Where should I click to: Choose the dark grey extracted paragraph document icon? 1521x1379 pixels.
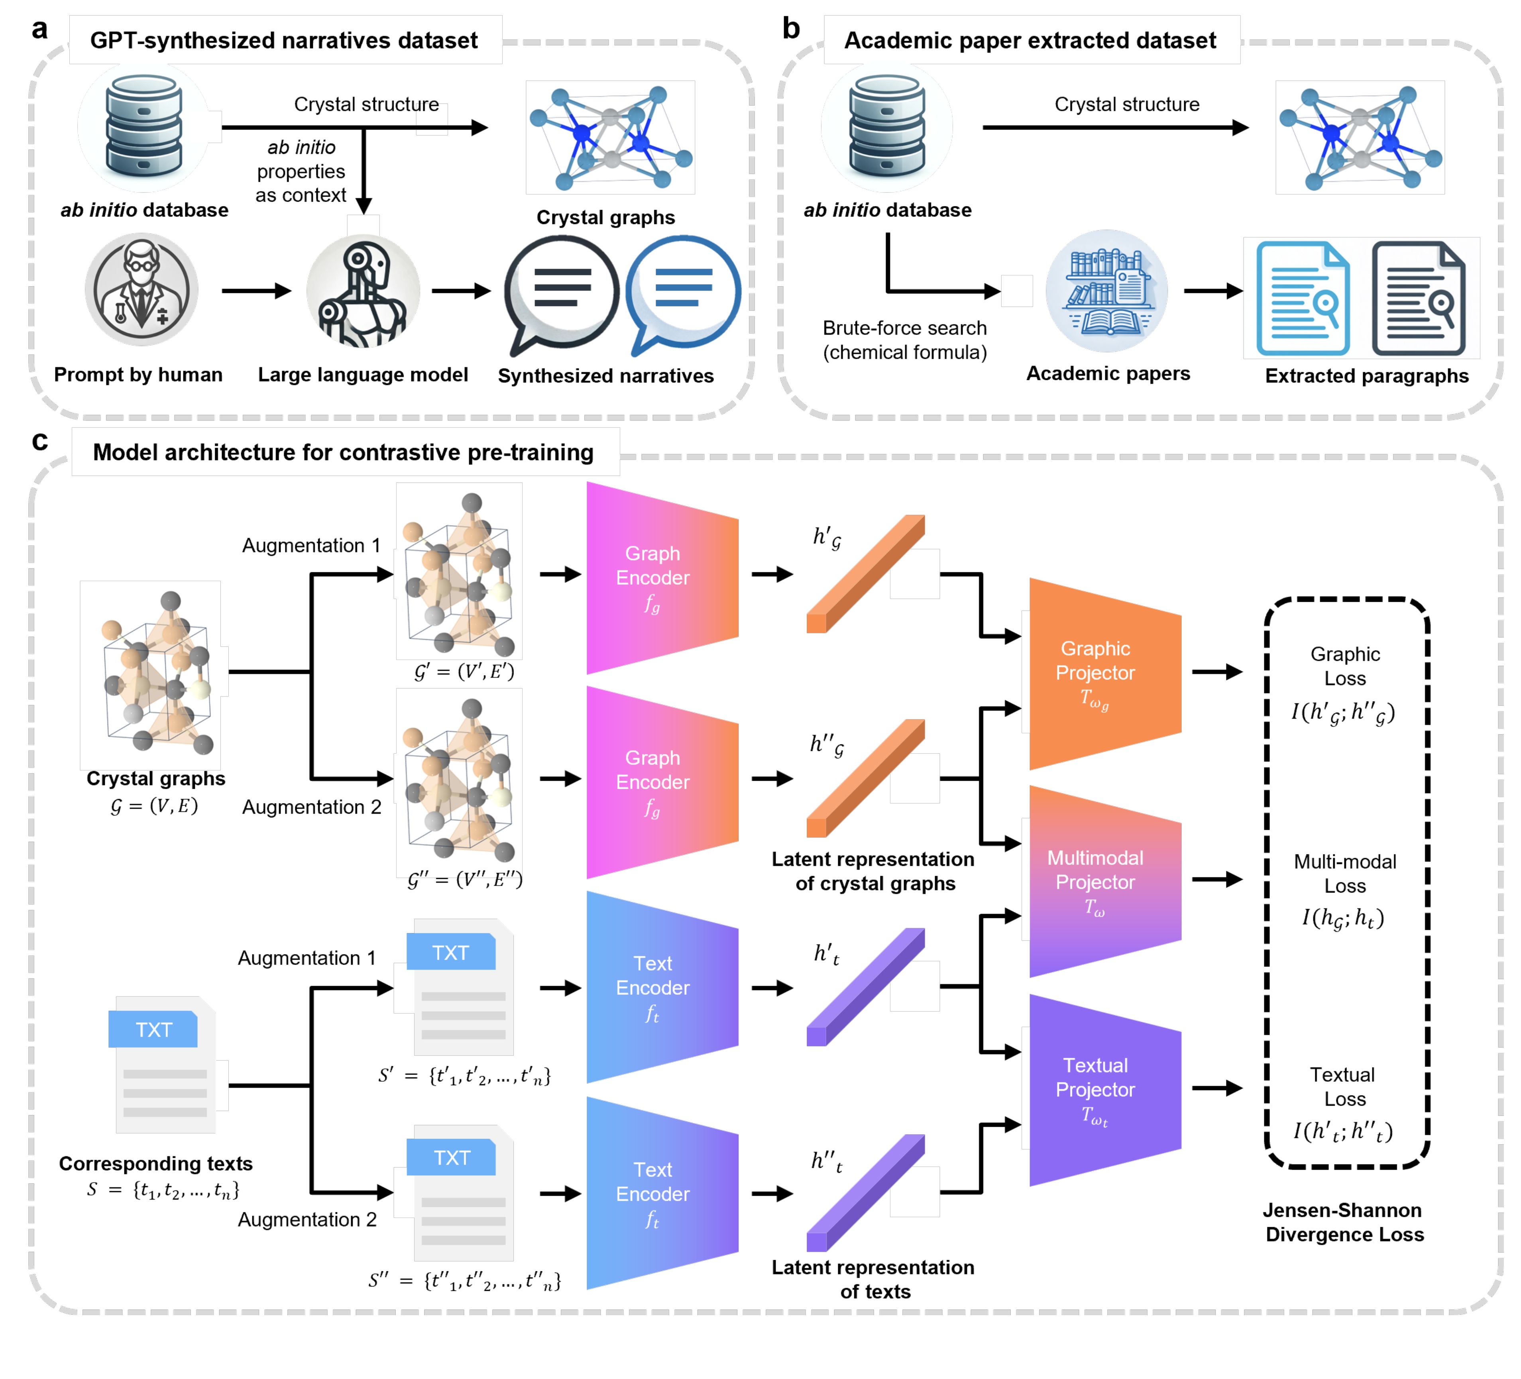(x=1419, y=298)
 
